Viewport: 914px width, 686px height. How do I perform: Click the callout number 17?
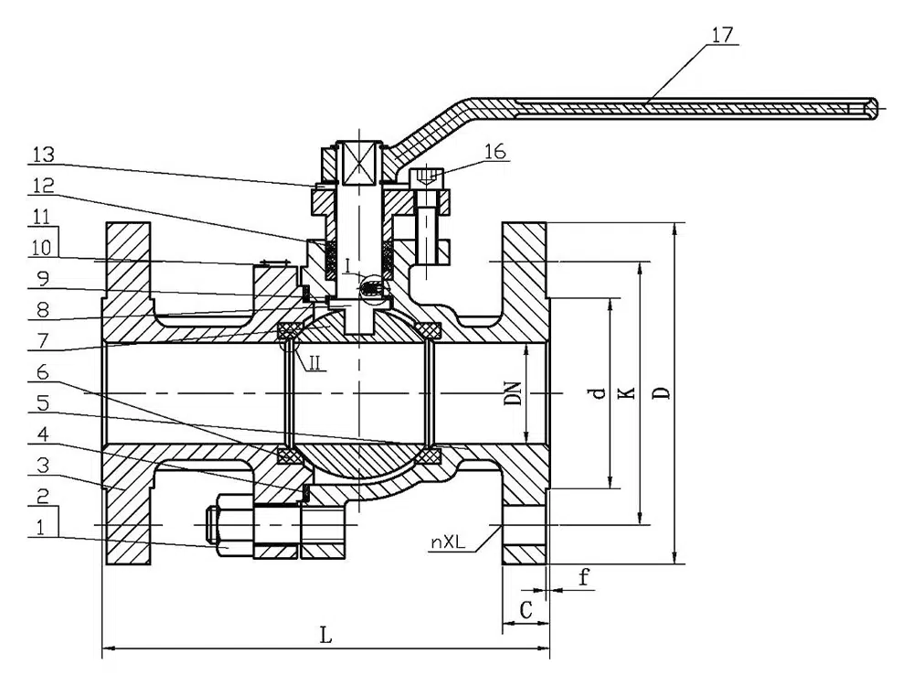tap(721, 36)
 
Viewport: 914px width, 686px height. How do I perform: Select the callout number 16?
tap(495, 152)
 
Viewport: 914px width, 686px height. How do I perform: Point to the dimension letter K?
tap(626, 392)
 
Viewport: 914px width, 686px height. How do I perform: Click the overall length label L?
tap(325, 638)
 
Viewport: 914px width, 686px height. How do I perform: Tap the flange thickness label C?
tap(525, 608)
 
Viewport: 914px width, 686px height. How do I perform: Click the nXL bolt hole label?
tap(448, 541)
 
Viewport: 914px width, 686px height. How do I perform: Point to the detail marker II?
tap(314, 363)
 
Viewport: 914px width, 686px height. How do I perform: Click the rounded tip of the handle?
tap(877, 108)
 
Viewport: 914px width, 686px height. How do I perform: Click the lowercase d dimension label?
tap(597, 392)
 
